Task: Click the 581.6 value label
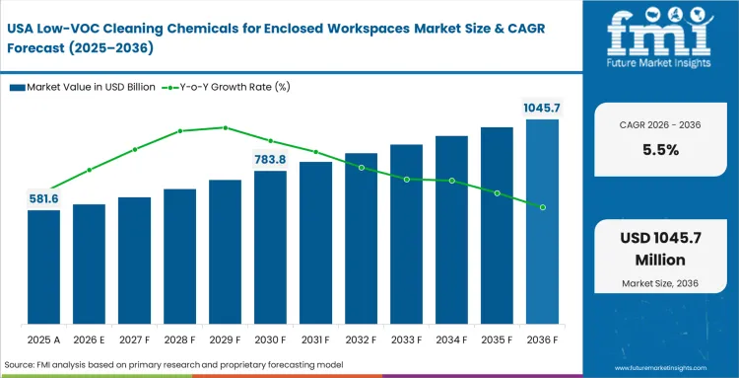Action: pyautogui.click(x=43, y=198)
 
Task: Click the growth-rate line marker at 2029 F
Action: pyautogui.click(x=226, y=127)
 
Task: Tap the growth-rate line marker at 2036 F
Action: pyautogui.click(x=542, y=207)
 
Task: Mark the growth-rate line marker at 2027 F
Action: pyautogui.click(x=135, y=149)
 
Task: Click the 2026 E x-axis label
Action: pyautogui.click(x=89, y=340)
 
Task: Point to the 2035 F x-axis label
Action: pyautogui.click(x=497, y=340)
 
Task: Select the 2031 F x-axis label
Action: pyautogui.click(x=315, y=340)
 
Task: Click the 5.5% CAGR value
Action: pyautogui.click(x=661, y=150)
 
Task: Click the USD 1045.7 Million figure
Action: pyautogui.click(x=661, y=251)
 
